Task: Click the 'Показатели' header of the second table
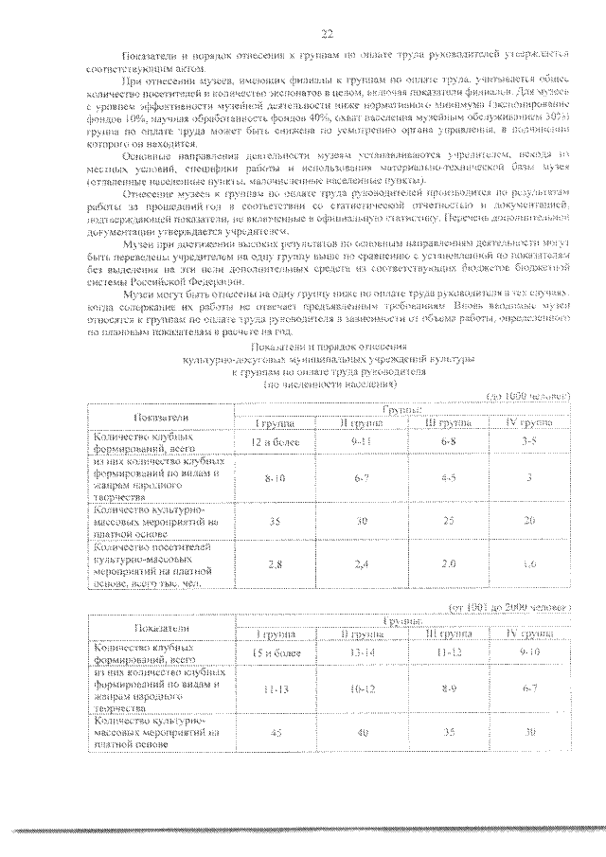(161, 627)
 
